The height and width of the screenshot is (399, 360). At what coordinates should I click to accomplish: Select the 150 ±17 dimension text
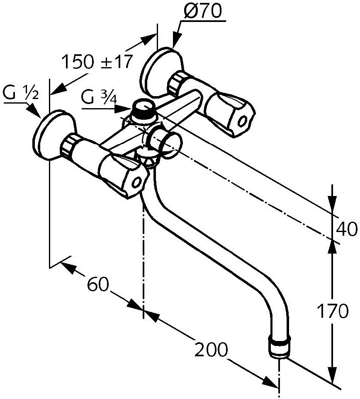tap(97, 62)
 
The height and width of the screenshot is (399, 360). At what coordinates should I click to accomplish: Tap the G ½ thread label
tap(21, 93)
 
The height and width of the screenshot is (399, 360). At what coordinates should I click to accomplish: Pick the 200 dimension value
tap(211, 349)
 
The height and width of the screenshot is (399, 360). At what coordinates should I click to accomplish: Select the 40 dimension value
tap(346, 229)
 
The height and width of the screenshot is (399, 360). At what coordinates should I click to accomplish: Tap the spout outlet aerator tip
tap(280, 348)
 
